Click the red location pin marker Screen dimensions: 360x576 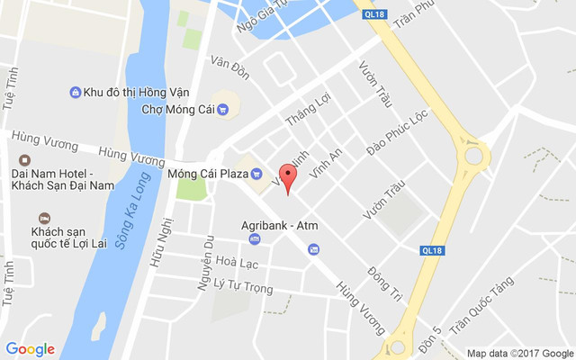pyautogui.click(x=288, y=176)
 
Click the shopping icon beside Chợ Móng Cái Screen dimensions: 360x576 pyautogui.click(x=222, y=110)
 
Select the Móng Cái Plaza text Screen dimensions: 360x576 pyautogui.click(x=208, y=172)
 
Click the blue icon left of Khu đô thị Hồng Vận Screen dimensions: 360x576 pyautogui.click(x=76, y=92)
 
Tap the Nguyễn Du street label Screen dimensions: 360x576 pyautogui.click(x=207, y=262)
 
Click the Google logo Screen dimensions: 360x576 pyautogui.click(x=31, y=349)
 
